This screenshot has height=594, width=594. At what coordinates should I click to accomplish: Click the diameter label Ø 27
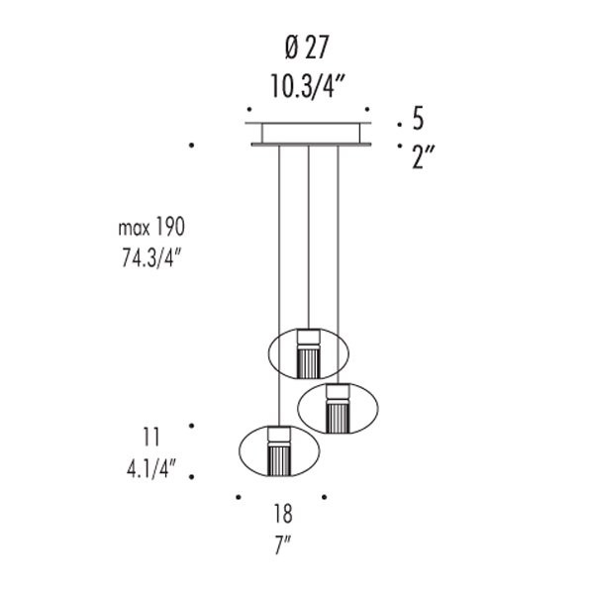[x=307, y=48]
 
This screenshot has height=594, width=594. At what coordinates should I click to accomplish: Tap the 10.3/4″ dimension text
[x=308, y=86]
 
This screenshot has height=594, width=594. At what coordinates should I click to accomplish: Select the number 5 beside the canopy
[x=418, y=119]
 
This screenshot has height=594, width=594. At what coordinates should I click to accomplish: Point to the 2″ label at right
[x=423, y=156]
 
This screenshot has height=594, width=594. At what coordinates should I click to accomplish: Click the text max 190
[x=151, y=228]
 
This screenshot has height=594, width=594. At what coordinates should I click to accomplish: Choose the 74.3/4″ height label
[x=151, y=258]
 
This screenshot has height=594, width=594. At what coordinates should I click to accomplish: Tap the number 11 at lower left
[x=151, y=438]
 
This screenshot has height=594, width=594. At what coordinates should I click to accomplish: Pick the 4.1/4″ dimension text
[x=151, y=469]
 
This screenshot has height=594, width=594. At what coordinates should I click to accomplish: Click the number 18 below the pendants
[x=283, y=514]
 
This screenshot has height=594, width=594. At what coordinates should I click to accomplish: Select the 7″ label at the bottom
[x=282, y=544]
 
